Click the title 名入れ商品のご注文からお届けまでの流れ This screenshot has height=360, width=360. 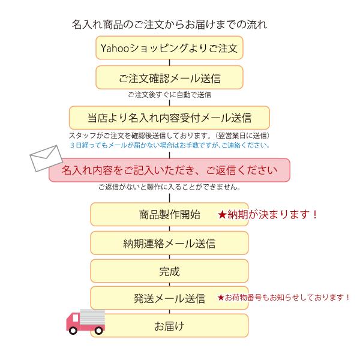pyautogui.click(x=169, y=25)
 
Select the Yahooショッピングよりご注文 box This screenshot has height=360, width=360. pyautogui.click(x=169, y=48)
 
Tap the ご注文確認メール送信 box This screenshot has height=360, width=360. pyautogui.click(x=169, y=77)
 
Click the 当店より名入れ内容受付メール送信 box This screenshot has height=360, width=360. pyautogui.click(x=169, y=117)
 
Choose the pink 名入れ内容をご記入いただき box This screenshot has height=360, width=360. pyautogui.click(x=169, y=170)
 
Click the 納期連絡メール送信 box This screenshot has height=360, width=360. pyautogui.click(x=169, y=243)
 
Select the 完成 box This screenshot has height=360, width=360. pyautogui.click(x=169, y=271)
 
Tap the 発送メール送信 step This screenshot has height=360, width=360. pyautogui.click(x=169, y=298)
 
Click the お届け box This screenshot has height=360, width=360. pyautogui.click(x=169, y=326)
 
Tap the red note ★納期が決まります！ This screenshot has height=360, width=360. pyautogui.click(x=268, y=214)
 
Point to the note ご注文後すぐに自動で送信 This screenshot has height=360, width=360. pyautogui.click(x=169, y=95)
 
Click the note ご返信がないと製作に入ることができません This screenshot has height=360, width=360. pyautogui.click(x=170, y=187)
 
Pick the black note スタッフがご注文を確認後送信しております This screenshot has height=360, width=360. pyautogui.click(x=170, y=136)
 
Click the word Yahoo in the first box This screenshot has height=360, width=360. pyautogui.click(x=113, y=48)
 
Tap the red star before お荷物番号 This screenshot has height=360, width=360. pyautogui.click(x=220, y=297)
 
